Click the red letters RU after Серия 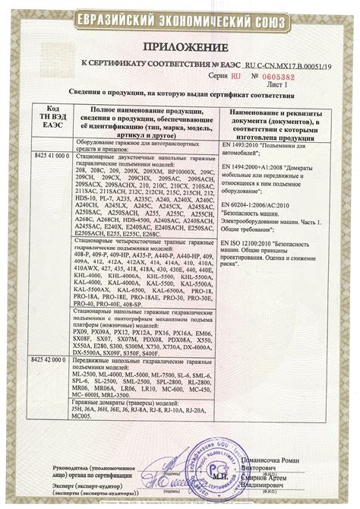[236, 77]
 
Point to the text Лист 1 [286, 85]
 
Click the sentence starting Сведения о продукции [180, 96]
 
